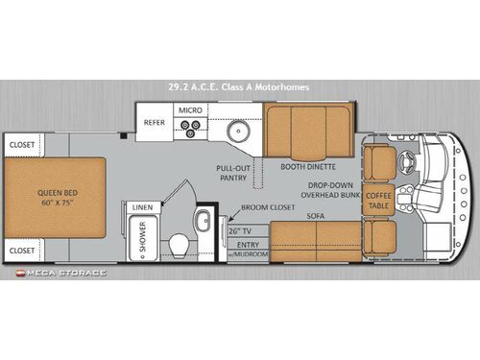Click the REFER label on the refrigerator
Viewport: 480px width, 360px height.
click(156, 123)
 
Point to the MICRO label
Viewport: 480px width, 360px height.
click(188, 111)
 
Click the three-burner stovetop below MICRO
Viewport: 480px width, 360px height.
click(188, 130)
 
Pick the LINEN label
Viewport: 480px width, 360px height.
click(142, 206)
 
